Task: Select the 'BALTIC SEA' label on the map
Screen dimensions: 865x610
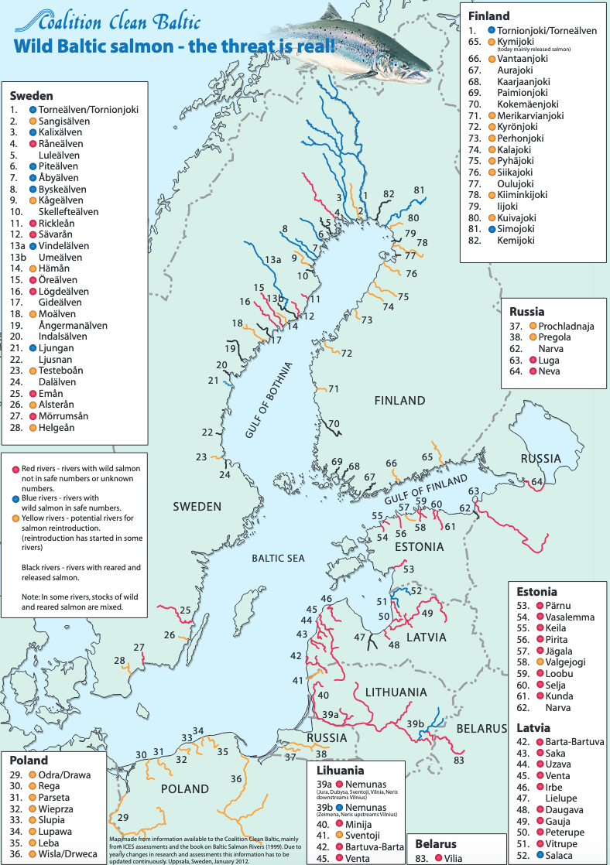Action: tap(279, 558)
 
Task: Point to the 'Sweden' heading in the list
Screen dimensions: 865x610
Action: tap(31, 96)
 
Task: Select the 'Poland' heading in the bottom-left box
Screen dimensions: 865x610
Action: tap(29, 761)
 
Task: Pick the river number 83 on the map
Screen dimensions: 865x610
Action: tap(459, 761)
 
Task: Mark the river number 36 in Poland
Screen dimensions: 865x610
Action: tap(236, 779)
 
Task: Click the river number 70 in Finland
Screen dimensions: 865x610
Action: tap(333, 423)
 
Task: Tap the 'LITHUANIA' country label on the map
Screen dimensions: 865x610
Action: tap(375, 692)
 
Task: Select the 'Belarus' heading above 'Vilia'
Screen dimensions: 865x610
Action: tap(436, 844)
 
